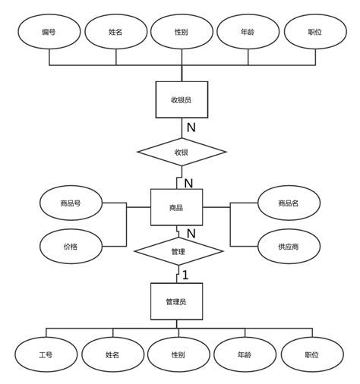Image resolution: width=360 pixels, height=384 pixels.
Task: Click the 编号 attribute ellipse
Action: click(x=49, y=32)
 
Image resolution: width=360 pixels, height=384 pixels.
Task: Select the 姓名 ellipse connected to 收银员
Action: click(x=115, y=32)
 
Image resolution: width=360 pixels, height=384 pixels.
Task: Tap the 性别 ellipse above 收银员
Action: click(x=181, y=32)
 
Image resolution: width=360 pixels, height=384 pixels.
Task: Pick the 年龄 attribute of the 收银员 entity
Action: click(x=248, y=32)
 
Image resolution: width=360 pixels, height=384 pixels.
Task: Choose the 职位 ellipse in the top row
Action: click(x=314, y=32)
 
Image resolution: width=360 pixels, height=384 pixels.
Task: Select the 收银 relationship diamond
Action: click(x=181, y=152)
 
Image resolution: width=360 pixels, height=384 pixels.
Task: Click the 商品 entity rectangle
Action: click(x=176, y=206)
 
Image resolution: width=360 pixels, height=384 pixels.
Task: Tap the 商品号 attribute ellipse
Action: click(x=71, y=203)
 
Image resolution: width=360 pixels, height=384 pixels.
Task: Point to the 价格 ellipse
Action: click(x=71, y=246)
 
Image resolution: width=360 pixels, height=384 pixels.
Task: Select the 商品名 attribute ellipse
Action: click(x=288, y=203)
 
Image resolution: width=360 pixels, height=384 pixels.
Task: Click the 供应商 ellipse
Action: click(x=288, y=246)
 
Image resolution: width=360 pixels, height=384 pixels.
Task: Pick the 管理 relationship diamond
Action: click(x=178, y=250)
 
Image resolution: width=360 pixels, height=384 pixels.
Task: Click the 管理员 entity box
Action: click(x=176, y=301)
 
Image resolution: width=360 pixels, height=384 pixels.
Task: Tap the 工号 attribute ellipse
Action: click(x=45, y=354)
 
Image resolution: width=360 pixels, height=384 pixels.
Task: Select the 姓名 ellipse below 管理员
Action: click(x=112, y=354)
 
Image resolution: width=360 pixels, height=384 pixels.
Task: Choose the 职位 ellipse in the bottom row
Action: click(x=311, y=354)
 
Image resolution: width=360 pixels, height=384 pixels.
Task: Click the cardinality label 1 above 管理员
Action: click(x=185, y=275)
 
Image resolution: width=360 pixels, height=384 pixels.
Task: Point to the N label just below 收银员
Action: click(x=191, y=127)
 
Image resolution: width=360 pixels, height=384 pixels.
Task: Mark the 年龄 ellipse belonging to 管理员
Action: click(x=245, y=354)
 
